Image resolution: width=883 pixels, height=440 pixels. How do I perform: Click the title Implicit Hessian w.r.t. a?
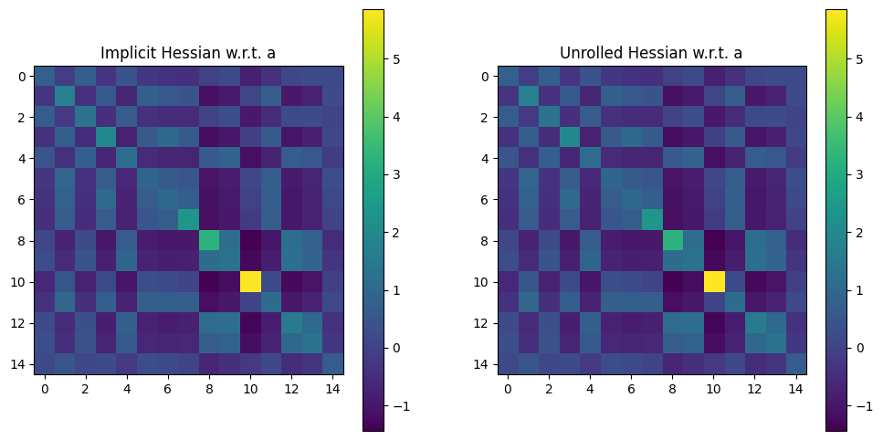[189, 53]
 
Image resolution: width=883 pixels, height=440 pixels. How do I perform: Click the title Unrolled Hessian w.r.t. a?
[652, 53]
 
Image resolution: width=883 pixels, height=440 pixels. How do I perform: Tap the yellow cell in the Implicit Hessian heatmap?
[251, 281]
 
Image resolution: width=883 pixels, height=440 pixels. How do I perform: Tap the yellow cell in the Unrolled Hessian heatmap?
[714, 281]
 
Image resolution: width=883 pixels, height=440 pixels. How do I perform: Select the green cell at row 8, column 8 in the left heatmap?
[210, 240]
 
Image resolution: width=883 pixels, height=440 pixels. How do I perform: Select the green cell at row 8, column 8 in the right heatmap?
[673, 240]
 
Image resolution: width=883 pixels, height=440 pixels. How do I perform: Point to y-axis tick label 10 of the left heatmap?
[20, 282]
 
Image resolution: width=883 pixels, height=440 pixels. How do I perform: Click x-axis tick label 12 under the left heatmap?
[292, 390]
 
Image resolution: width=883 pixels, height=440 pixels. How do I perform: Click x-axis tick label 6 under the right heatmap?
[632, 390]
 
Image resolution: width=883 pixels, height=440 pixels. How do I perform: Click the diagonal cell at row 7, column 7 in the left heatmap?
[189, 219]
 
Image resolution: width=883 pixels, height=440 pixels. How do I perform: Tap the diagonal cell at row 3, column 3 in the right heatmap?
[570, 137]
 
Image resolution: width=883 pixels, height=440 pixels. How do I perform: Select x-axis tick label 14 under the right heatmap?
[796, 390]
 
